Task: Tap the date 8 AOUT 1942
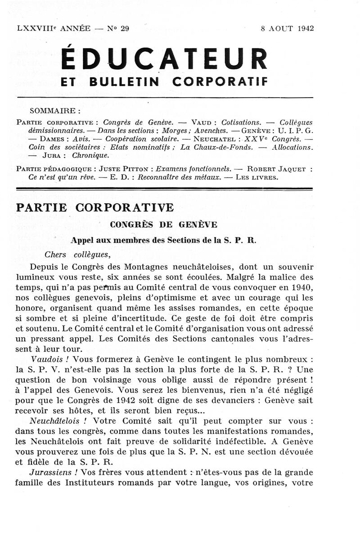tap(287, 28)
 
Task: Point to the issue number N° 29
tap(118, 28)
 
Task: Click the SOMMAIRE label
tap(54, 110)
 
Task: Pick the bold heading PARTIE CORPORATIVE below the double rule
tap(94, 208)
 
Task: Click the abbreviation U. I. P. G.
tap(296, 130)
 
